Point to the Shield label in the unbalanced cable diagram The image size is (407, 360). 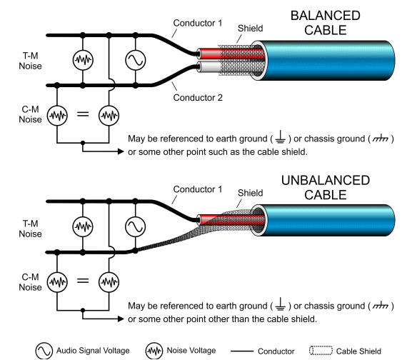(251, 193)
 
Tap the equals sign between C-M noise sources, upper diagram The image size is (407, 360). (82, 114)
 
